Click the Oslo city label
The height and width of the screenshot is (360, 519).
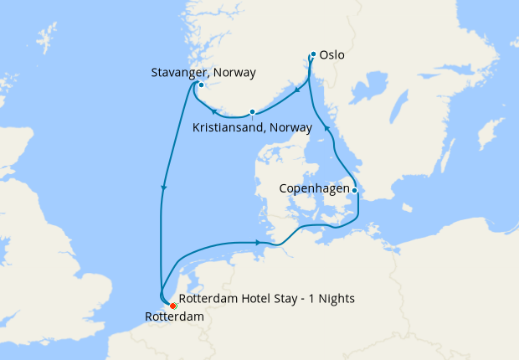[x=331, y=56]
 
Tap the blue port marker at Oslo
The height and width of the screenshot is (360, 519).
[x=312, y=55]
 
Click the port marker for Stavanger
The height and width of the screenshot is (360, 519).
[x=201, y=85]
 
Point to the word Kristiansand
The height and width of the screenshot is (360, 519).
[x=229, y=127]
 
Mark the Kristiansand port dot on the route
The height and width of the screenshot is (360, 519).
[x=252, y=112]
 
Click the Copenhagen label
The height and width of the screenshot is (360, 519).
[x=313, y=190]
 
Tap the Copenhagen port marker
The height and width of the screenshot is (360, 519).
[x=355, y=191]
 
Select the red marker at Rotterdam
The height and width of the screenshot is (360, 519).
[x=172, y=306]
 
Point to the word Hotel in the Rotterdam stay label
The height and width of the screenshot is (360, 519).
[x=254, y=300]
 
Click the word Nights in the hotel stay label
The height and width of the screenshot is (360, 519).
[x=337, y=300]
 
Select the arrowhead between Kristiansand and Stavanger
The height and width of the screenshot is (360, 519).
[x=214, y=112]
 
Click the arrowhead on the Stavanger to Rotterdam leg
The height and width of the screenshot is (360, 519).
[x=164, y=188]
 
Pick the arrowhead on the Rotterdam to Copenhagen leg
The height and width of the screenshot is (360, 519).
[x=257, y=243]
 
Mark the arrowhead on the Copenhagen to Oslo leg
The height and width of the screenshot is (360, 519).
[x=328, y=128]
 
